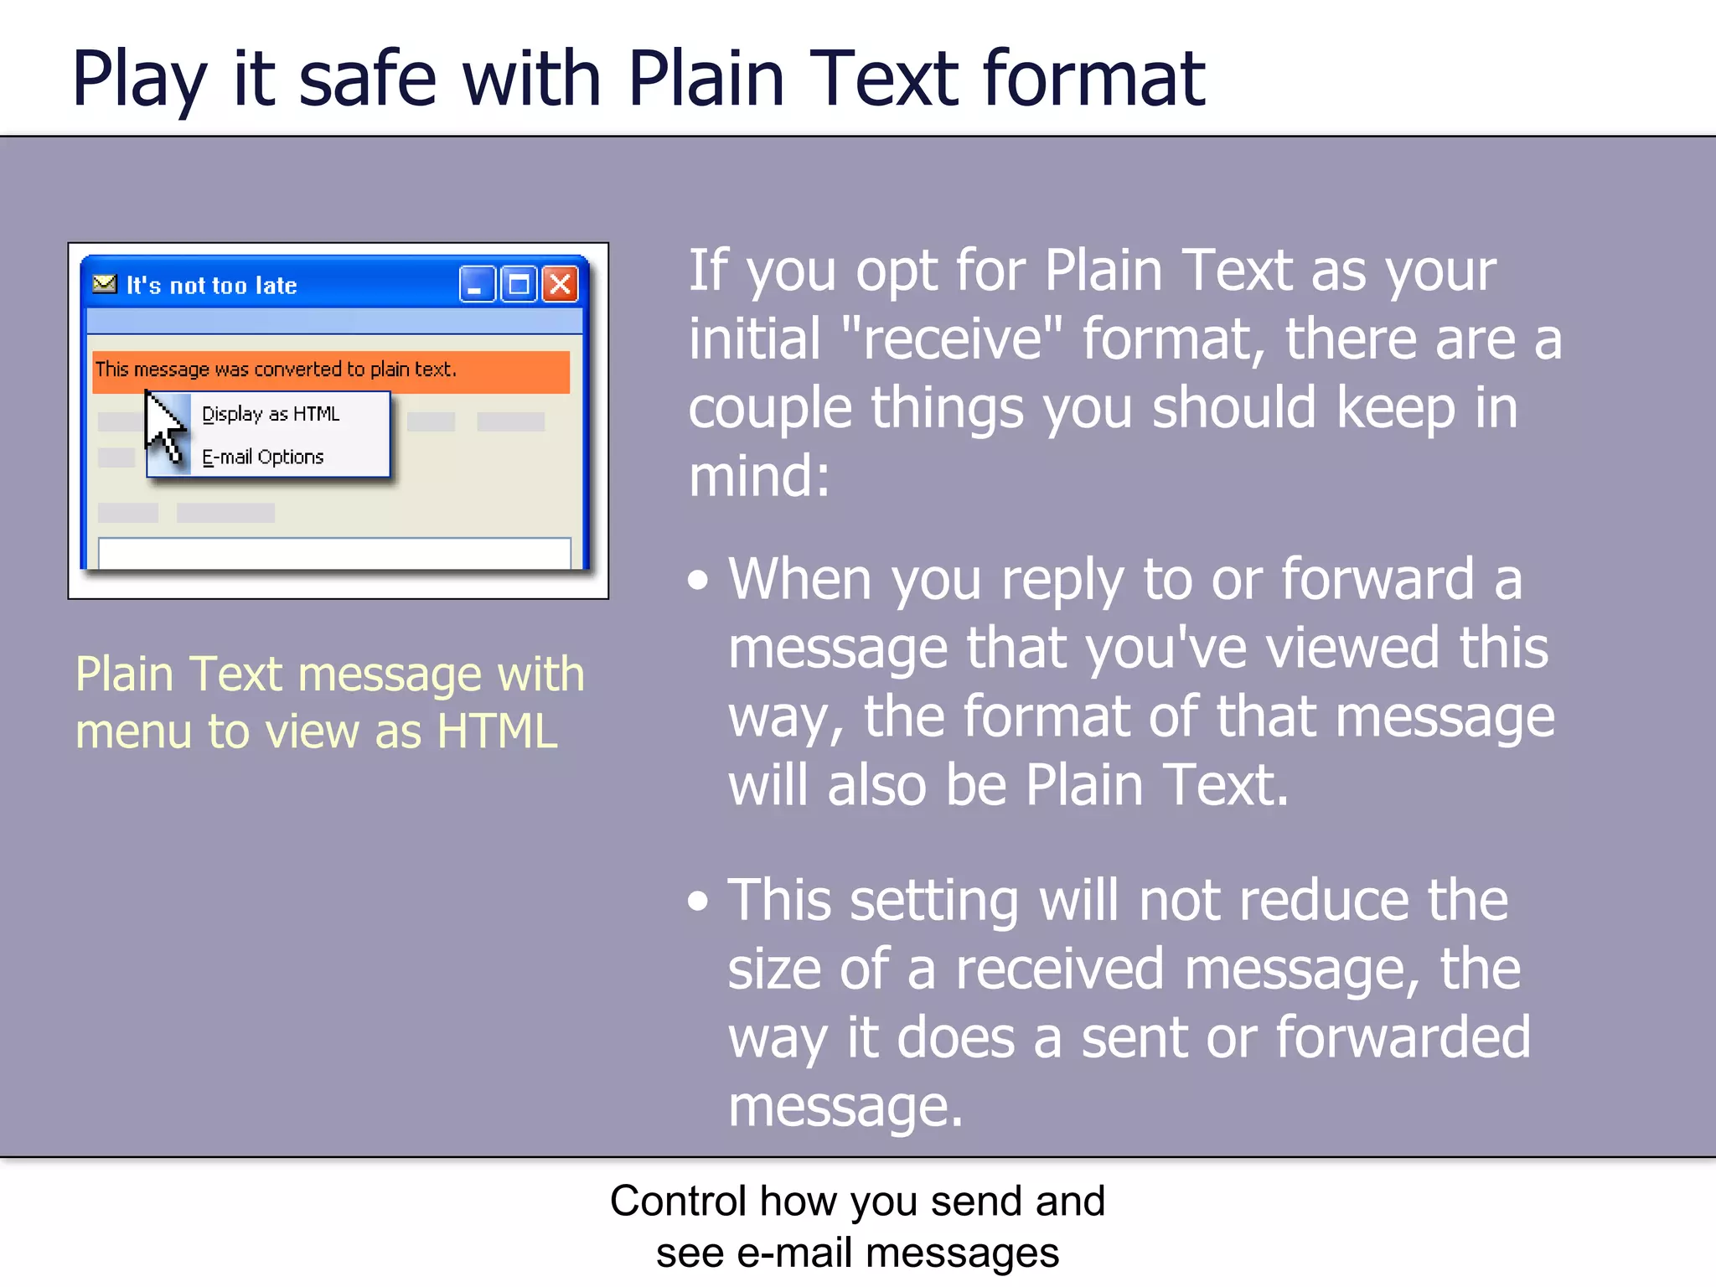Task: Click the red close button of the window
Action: click(560, 285)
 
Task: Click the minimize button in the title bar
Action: click(477, 285)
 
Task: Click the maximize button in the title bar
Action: click(519, 285)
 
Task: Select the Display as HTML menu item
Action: click(270, 414)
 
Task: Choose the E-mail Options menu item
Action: click(262, 457)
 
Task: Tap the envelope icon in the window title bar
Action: click(105, 284)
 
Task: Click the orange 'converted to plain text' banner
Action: click(331, 370)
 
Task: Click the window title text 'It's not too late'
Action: click(211, 286)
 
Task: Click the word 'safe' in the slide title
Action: click(367, 79)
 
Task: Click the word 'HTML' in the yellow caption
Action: click(497, 731)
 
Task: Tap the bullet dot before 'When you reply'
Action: click(698, 580)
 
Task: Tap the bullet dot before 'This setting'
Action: click(698, 901)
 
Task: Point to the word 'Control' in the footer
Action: click(677, 1201)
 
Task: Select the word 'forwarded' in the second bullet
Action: click(1403, 1037)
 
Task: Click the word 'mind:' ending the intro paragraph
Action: click(758, 476)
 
